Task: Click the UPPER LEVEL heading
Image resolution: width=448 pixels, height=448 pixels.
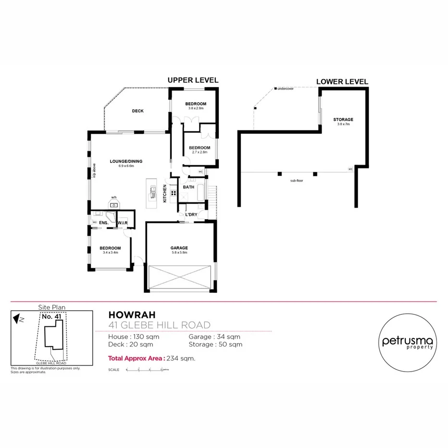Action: tap(192, 80)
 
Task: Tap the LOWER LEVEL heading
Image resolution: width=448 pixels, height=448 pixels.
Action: tap(342, 82)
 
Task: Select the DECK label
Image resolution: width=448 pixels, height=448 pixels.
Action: tap(138, 111)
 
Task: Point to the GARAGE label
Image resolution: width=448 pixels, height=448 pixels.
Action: tap(179, 248)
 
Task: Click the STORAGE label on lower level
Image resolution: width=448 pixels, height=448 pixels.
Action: tap(343, 119)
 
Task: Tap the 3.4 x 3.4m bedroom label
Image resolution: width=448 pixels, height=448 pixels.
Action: tap(110, 249)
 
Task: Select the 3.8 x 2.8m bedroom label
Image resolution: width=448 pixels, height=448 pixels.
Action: tap(196, 104)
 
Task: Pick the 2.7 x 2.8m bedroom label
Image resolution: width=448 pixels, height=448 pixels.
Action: tap(199, 148)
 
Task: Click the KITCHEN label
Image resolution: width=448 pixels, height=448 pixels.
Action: tap(165, 193)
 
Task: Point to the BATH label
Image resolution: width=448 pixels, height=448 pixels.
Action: tap(188, 187)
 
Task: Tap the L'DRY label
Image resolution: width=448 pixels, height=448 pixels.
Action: tap(191, 214)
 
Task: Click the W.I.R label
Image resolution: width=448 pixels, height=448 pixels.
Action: tap(122, 223)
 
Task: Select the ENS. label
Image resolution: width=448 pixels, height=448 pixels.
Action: tap(103, 223)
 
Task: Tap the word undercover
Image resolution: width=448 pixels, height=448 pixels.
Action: tap(285, 89)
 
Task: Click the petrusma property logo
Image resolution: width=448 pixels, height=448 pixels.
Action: tap(408, 341)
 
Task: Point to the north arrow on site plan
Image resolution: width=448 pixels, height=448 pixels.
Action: tap(18, 318)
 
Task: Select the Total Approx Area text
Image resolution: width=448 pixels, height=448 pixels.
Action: tap(137, 358)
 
